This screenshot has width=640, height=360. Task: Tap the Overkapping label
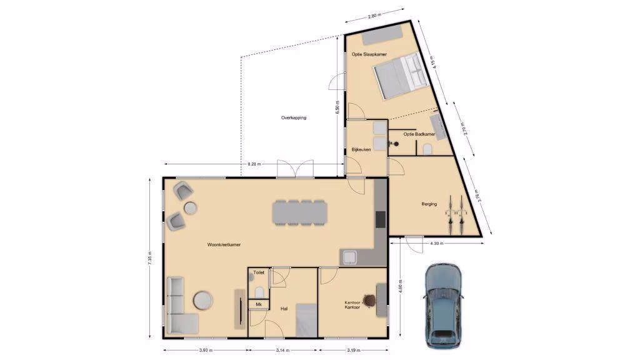294,117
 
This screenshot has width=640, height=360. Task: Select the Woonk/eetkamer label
224,244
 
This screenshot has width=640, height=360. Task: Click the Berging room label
429,204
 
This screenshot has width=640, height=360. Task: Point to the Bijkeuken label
361,149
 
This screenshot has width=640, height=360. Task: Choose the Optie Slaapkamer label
369,54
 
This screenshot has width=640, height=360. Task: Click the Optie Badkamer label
419,134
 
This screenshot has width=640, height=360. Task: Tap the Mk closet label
259,304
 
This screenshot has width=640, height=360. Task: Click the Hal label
284,309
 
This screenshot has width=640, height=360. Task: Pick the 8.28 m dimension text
254,164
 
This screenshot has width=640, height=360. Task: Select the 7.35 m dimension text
150,257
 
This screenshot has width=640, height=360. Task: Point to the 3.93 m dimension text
206,350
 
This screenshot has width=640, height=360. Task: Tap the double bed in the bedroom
401,76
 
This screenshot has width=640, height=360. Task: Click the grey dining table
300,212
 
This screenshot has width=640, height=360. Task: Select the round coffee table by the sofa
203,300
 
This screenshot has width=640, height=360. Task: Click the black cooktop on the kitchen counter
381,219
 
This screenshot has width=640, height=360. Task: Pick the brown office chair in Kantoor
369,301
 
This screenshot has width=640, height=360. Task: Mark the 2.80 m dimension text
374,16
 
